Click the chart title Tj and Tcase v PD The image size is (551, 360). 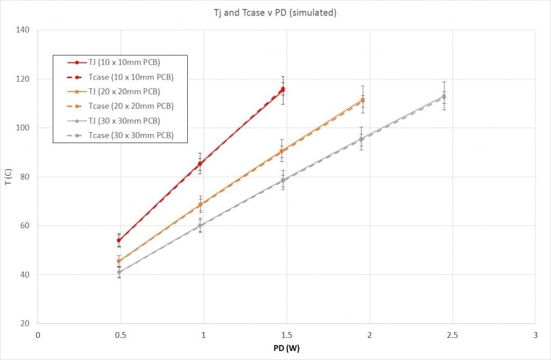[x=274, y=12]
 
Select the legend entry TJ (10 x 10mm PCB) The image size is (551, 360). [x=124, y=62]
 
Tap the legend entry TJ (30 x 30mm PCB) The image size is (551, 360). [x=124, y=121]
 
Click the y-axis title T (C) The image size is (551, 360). [x=8, y=177]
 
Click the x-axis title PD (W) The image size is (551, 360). [x=286, y=348]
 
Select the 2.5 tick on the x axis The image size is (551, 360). [x=452, y=335]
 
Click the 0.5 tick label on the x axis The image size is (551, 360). [x=120, y=335]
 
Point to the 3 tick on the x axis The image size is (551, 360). [x=535, y=335]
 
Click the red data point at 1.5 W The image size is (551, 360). [x=282, y=89]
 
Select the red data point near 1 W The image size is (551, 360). [x=200, y=164]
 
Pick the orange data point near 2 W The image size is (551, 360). [x=363, y=100]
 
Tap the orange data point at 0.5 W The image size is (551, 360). [x=119, y=261]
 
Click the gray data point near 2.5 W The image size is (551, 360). [x=444, y=96]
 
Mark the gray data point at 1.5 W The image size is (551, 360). [x=282, y=180]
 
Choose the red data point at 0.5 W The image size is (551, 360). [x=119, y=240]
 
